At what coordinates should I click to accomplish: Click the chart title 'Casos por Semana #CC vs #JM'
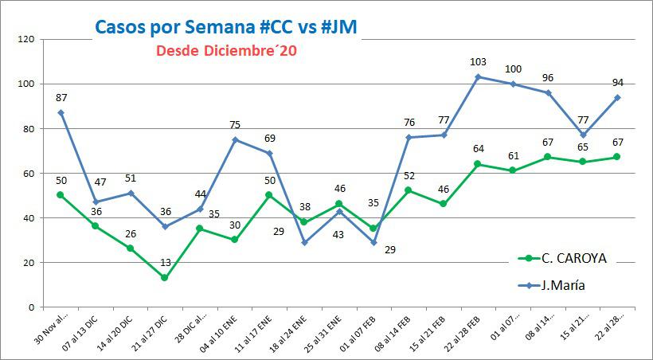[225, 26]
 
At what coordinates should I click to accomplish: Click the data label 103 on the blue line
[478, 62]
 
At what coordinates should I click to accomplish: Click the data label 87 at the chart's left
[61, 97]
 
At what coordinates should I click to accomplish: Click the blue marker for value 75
[236, 139]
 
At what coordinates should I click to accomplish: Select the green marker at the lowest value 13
[164, 278]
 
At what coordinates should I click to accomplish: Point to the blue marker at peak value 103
[478, 77]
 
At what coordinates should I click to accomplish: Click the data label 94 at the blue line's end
[616, 82]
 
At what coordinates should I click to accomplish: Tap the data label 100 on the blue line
[514, 69]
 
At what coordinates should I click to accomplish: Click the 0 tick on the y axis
[29, 307]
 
